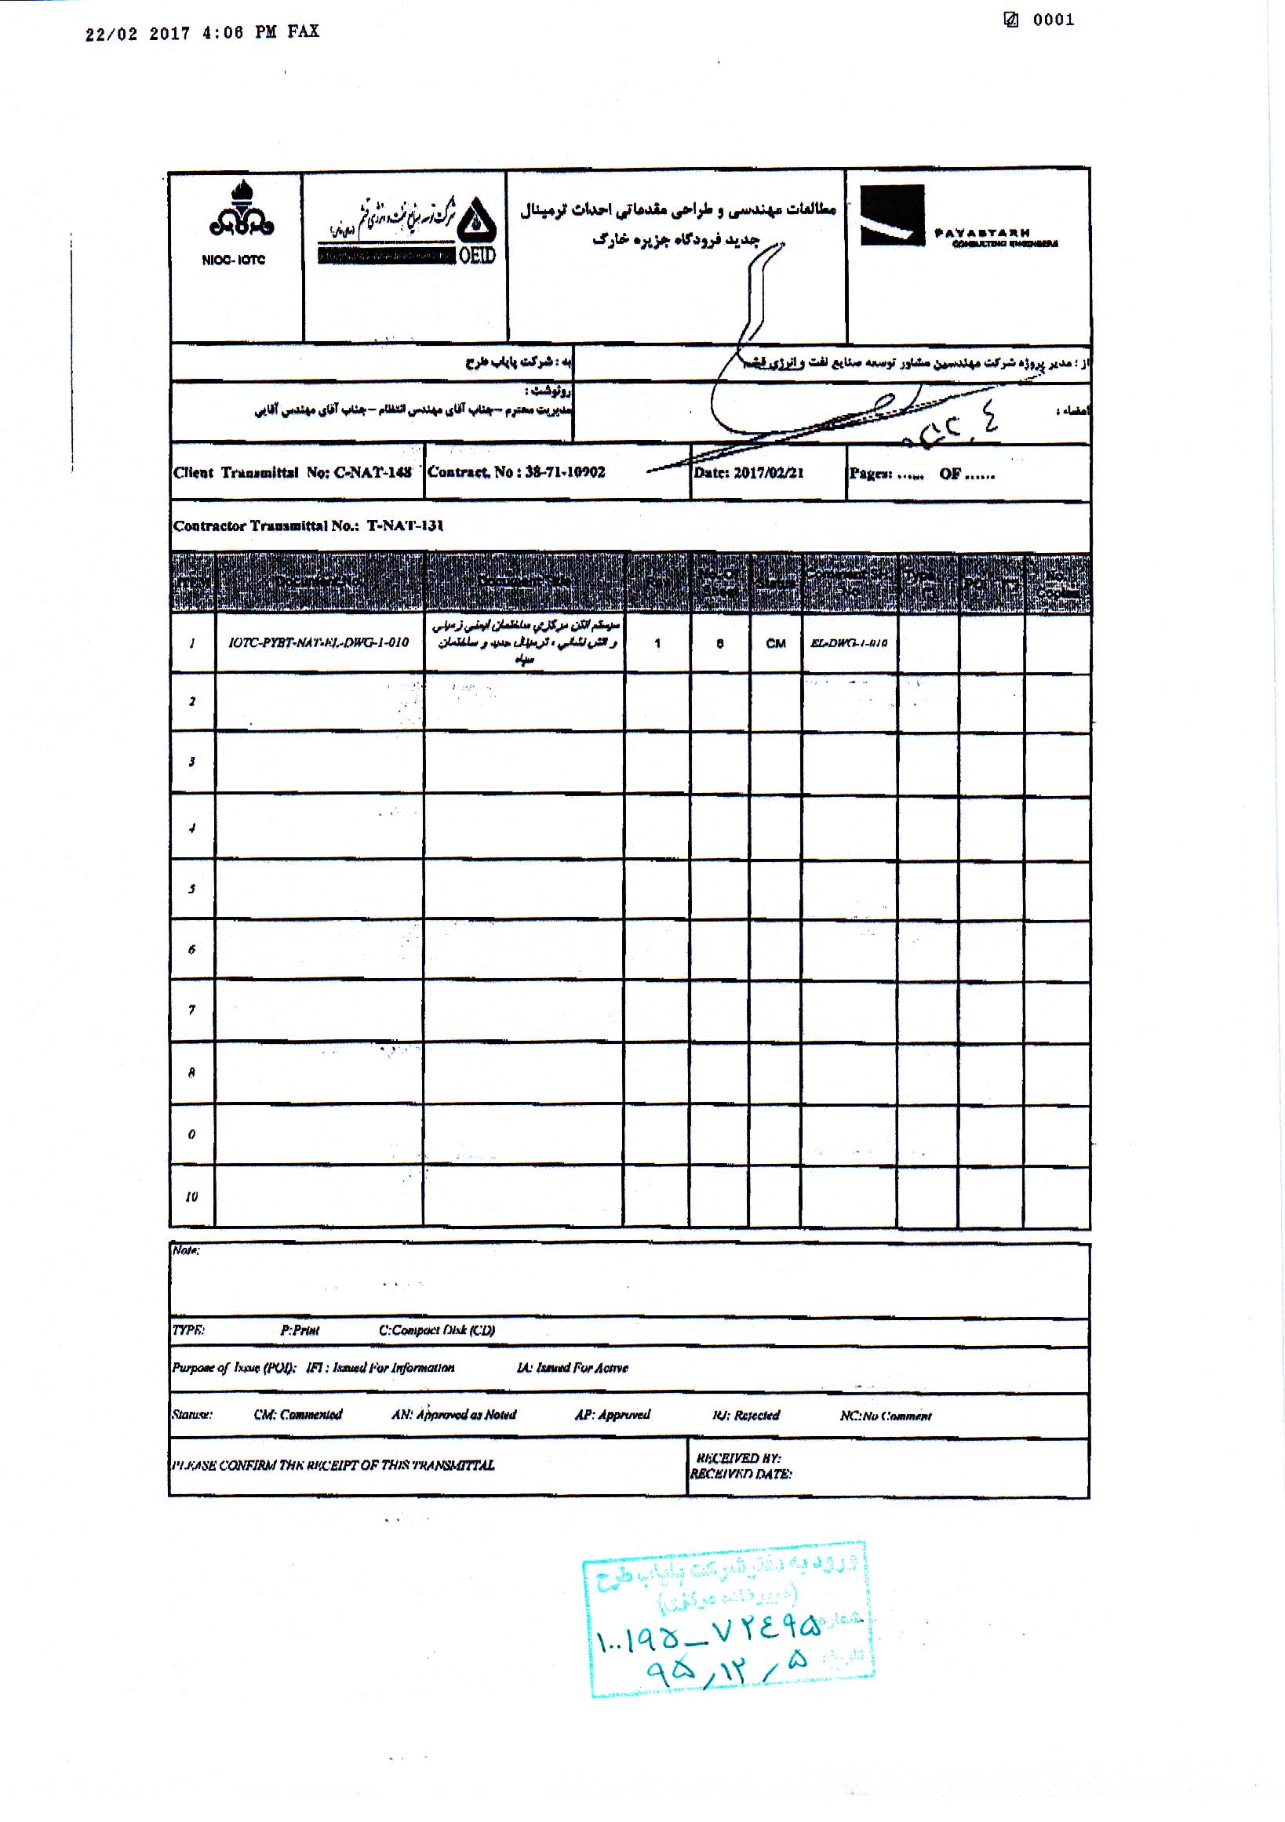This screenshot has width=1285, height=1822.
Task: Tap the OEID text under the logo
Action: click(477, 255)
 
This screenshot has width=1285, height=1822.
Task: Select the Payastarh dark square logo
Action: click(892, 215)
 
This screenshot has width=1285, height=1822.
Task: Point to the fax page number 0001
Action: click(1053, 20)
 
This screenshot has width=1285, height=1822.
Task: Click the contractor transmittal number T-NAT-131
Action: click(405, 526)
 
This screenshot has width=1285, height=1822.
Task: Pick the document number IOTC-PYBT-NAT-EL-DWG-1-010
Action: click(319, 643)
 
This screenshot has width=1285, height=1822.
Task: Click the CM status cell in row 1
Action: click(775, 644)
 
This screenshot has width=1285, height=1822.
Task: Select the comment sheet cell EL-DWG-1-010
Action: click(849, 644)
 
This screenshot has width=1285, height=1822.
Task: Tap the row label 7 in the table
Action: click(191, 1010)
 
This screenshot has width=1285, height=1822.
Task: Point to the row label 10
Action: click(191, 1196)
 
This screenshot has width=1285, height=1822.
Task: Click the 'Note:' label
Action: click(186, 1251)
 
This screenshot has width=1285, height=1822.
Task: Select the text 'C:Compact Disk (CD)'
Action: click(436, 1331)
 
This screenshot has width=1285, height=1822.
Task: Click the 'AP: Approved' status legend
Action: click(612, 1415)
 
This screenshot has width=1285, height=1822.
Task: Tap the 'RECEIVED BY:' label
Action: click(738, 1458)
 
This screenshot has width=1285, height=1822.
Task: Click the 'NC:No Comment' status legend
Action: click(885, 1416)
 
